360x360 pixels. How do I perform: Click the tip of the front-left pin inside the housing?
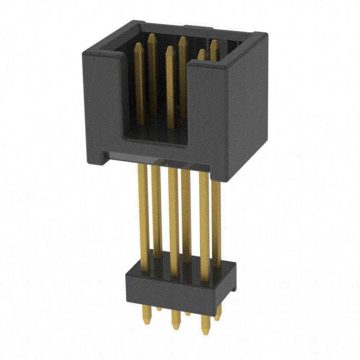pos(138,46)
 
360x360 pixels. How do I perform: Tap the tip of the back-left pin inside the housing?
pos(151,37)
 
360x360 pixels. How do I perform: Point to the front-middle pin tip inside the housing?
pos(170,49)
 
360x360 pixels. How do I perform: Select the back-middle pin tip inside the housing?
pos(182,39)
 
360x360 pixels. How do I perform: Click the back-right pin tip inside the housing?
pos(214,43)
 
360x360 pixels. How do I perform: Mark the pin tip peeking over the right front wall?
pos(201,53)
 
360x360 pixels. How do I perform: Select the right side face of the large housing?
pos(247,107)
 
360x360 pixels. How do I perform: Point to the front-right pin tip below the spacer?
pos(205,332)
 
